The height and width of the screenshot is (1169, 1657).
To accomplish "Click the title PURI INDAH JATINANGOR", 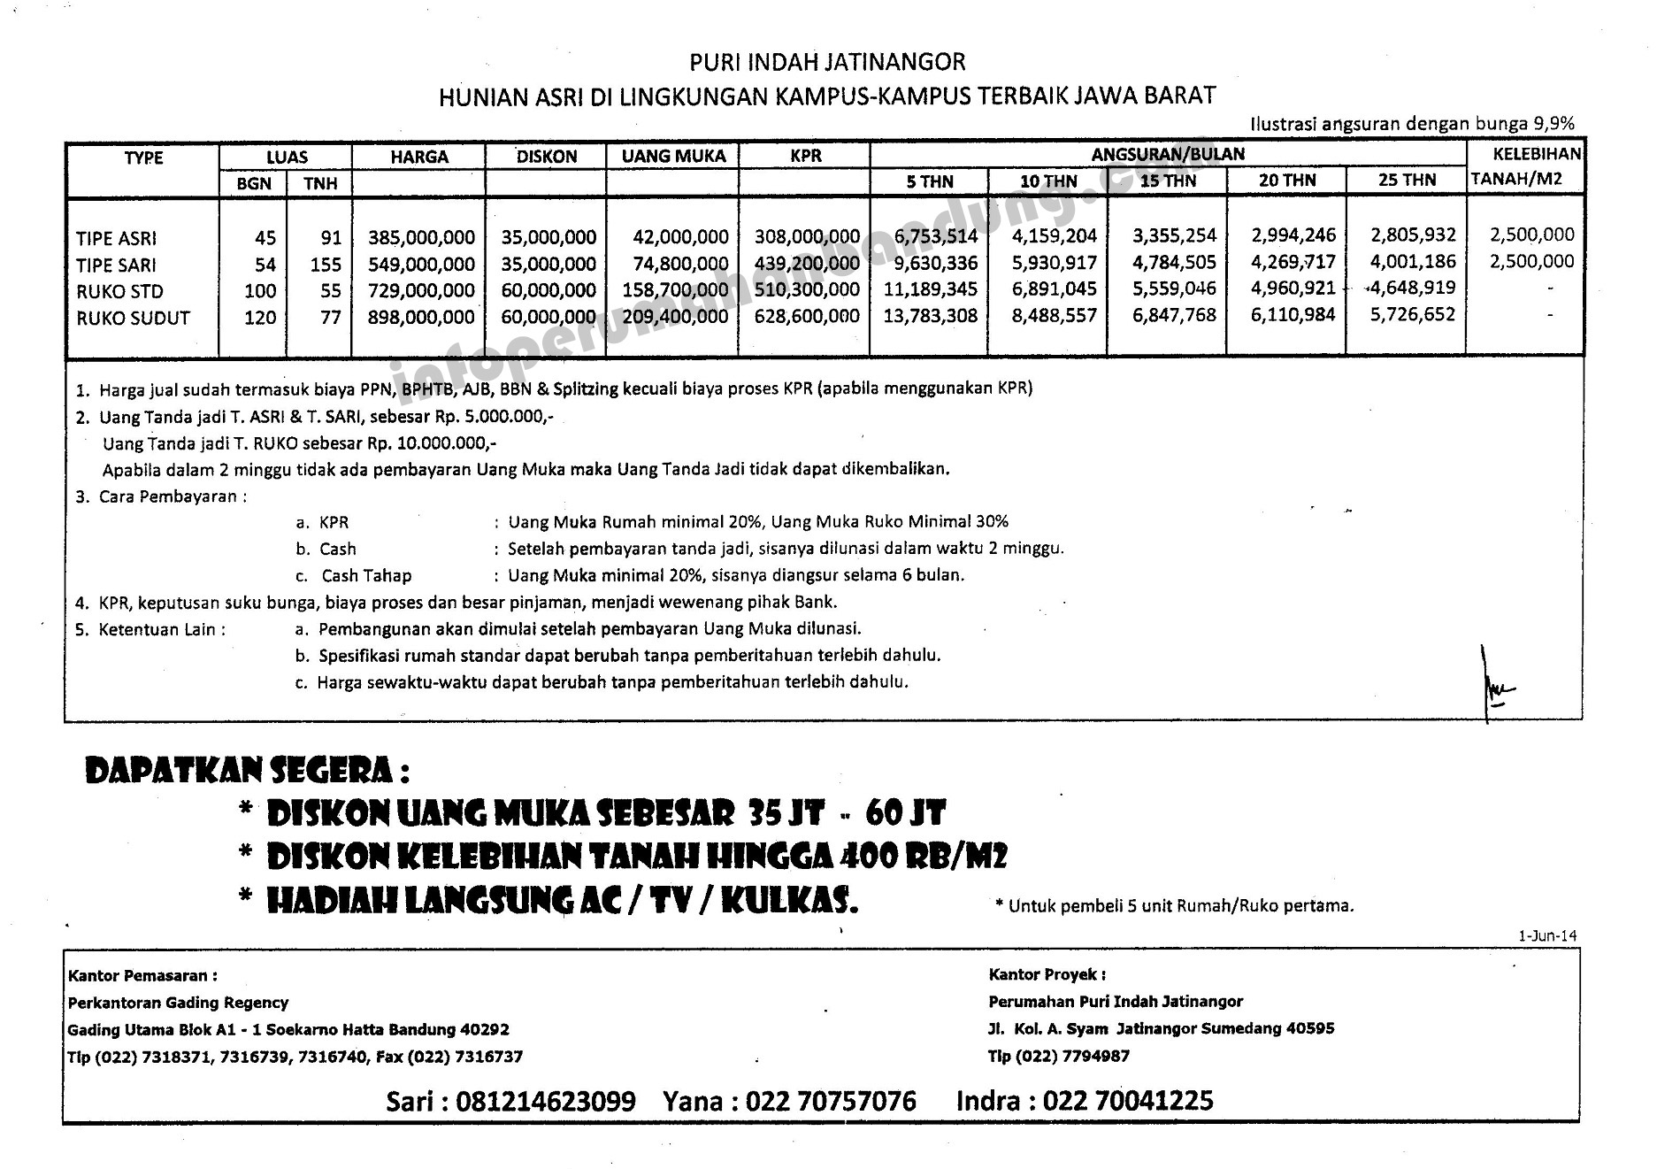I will coord(827,62).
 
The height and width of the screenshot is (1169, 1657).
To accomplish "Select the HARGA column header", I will coord(419,157).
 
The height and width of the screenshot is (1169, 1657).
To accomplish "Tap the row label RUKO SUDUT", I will coord(133,319).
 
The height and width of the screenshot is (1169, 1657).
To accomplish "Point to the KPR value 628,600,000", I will coord(807,316).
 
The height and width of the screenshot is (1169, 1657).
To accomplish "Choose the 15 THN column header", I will coord(1168,181).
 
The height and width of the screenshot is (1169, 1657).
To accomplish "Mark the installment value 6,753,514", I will coord(936,236).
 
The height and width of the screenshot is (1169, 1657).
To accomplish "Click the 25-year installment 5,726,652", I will coord(1412,314).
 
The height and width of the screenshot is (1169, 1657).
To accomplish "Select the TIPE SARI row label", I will coord(116,265).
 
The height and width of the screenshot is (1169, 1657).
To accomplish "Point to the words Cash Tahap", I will coord(366,576).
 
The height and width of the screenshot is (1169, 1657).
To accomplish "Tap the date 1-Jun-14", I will coord(1547,935).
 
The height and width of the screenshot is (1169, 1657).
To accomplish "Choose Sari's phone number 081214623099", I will coord(545,1102).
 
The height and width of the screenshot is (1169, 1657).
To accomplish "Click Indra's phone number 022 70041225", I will coord(1128,1101).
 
